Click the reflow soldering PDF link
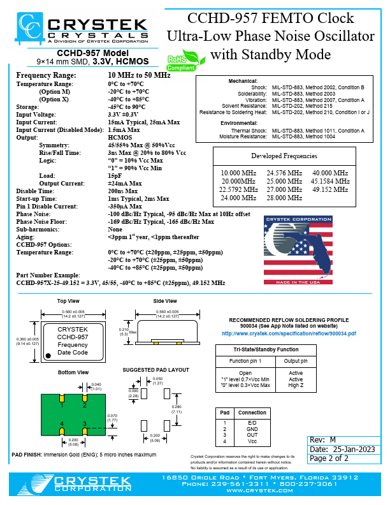pos(289,333)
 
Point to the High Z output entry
pos(296,384)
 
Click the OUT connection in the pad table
pos(252,435)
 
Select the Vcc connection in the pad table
pos(252,441)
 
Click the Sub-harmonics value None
pos(115,228)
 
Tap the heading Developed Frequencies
pos(284,156)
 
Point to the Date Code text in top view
pos(73,352)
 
